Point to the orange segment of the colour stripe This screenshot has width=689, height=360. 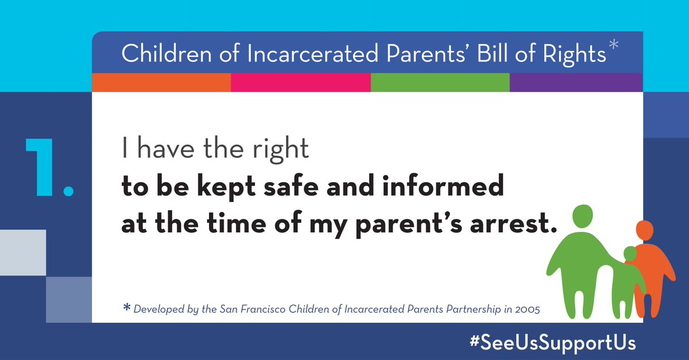click(161, 83)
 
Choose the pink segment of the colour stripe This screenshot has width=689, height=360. click(300, 83)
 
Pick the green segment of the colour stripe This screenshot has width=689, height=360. click(440, 83)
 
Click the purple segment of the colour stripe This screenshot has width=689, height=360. click(576, 83)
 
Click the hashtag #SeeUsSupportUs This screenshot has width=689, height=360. click(552, 343)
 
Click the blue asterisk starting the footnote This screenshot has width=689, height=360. click(127, 308)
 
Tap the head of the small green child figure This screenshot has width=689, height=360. click(630, 254)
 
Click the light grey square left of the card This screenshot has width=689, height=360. click(23, 252)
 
